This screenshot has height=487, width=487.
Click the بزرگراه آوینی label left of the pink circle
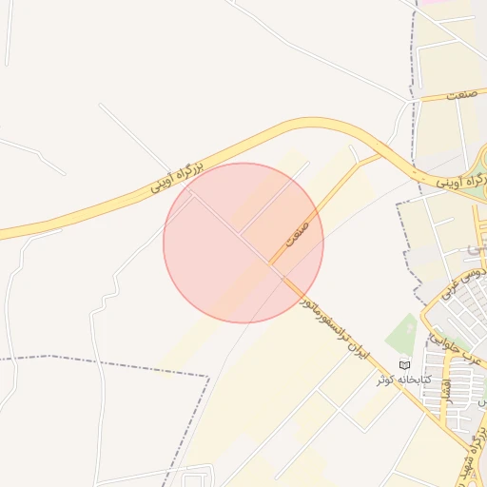(x=178, y=178)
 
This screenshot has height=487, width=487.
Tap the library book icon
(x=403, y=365)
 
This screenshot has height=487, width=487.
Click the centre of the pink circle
(x=243, y=243)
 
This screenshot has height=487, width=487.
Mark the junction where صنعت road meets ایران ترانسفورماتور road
(x=271, y=264)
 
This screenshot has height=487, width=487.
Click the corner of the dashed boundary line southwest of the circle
(x=207, y=377)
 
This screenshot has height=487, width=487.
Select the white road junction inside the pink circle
(x=239, y=234)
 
